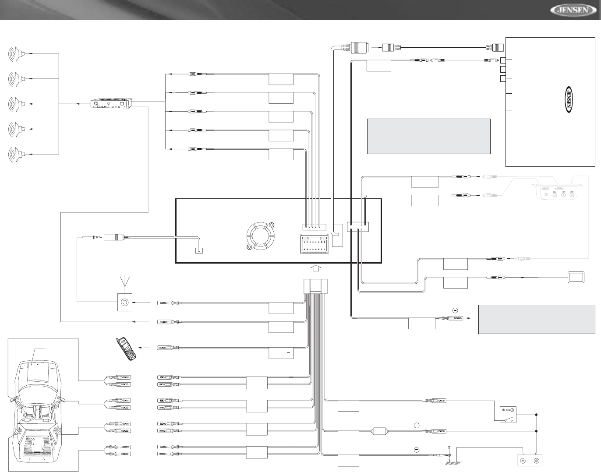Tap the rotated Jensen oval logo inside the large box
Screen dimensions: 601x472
567,99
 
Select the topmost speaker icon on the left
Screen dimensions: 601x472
17,54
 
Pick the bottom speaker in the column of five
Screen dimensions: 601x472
17,154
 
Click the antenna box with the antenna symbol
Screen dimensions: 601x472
125,302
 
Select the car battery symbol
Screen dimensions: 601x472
530,461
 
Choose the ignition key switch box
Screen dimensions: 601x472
508,414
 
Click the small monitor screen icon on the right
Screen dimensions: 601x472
576,277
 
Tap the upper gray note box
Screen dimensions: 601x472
428,136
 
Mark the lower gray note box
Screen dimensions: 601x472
536,319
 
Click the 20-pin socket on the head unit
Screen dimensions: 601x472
313,244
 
